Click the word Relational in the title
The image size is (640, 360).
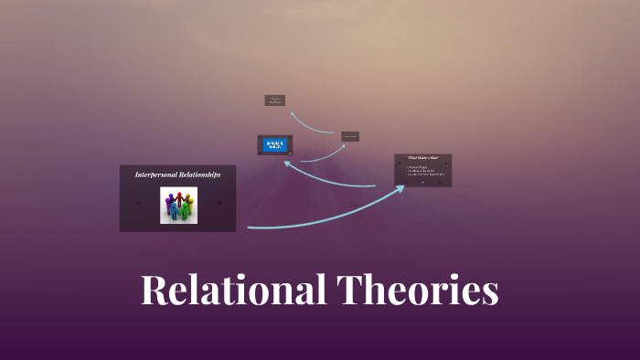click(x=233, y=291)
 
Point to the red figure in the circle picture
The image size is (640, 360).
click(x=179, y=197)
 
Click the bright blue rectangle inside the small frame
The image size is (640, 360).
click(x=275, y=144)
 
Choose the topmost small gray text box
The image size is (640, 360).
click(x=275, y=101)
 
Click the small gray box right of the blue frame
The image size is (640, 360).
click(x=350, y=136)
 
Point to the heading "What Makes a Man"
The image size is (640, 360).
click(x=422, y=159)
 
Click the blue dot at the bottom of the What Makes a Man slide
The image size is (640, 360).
click(x=422, y=182)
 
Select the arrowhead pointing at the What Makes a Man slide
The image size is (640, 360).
click(x=401, y=189)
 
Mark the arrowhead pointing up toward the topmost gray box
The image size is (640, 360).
click(x=291, y=114)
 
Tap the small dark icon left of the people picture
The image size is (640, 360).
click(x=137, y=203)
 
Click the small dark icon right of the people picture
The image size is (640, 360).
click(x=219, y=203)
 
